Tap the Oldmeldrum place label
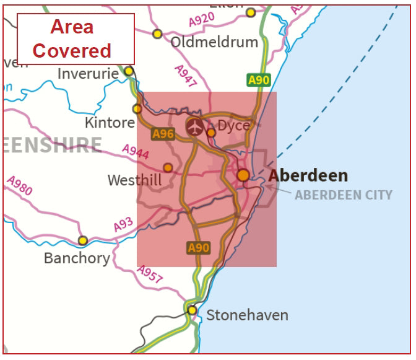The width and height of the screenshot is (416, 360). point(214,43)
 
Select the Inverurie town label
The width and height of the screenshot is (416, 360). point(88,74)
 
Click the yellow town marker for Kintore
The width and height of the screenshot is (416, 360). point(137,108)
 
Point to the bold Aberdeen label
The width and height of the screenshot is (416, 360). point(308,175)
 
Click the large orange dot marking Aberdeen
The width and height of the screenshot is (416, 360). point(243,175)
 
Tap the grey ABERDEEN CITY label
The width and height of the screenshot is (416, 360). point(343,195)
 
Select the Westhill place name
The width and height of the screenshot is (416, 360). point(134,180)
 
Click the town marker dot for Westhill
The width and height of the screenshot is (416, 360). point(168,167)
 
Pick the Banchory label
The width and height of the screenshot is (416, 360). point(77,258)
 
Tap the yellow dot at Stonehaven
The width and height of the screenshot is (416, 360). point(192,310)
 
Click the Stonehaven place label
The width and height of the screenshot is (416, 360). point(247,315)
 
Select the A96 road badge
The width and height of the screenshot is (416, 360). point(163,133)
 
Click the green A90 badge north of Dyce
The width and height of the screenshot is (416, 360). point(259,80)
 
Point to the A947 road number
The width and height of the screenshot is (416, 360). point(186,76)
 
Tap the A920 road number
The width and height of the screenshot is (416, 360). point(201,20)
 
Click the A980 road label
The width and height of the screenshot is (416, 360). point(19,185)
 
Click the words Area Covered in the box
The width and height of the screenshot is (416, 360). point(72,38)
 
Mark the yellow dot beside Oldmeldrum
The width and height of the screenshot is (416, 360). point(157,33)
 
